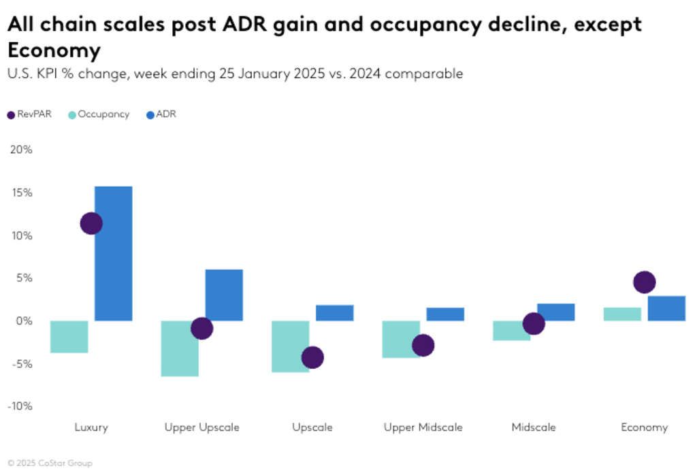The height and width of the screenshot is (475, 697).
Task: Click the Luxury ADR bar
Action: click(x=113, y=253)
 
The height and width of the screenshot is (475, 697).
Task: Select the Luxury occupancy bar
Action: click(x=69, y=336)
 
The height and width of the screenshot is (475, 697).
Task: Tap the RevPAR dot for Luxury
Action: click(x=91, y=223)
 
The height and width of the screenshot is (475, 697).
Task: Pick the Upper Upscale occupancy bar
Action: click(x=180, y=348)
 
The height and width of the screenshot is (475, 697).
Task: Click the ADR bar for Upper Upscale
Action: click(x=224, y=295)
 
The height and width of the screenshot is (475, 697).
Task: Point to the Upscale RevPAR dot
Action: click(x=312, y=357)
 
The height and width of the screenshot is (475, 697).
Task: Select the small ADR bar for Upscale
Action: click(x=334, y=312)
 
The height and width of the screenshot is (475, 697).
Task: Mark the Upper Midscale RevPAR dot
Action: click(x=423, y=345)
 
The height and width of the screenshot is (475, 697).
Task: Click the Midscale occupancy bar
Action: click(x=511, y=330)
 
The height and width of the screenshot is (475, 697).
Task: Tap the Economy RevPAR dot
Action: click(x=644, y=282)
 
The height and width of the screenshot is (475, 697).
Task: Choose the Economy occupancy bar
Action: click(x=622, y=314)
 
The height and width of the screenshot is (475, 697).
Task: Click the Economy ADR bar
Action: click(x=666, y=308)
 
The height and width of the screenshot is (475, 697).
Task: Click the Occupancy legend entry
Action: click(x=99, y=114)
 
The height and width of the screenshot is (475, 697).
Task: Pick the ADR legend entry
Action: click(x=161, y=114)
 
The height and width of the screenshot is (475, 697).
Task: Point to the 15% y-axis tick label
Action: click(x=21, y=193)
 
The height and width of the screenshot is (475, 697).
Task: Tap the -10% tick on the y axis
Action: click(x=20, y=406)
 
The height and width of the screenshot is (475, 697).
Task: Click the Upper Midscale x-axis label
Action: click(x=423, y=427)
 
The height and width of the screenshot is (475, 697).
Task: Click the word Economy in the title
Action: click(x=54, y=51)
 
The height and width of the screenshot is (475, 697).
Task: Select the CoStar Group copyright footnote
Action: click(x=50, y=463)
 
